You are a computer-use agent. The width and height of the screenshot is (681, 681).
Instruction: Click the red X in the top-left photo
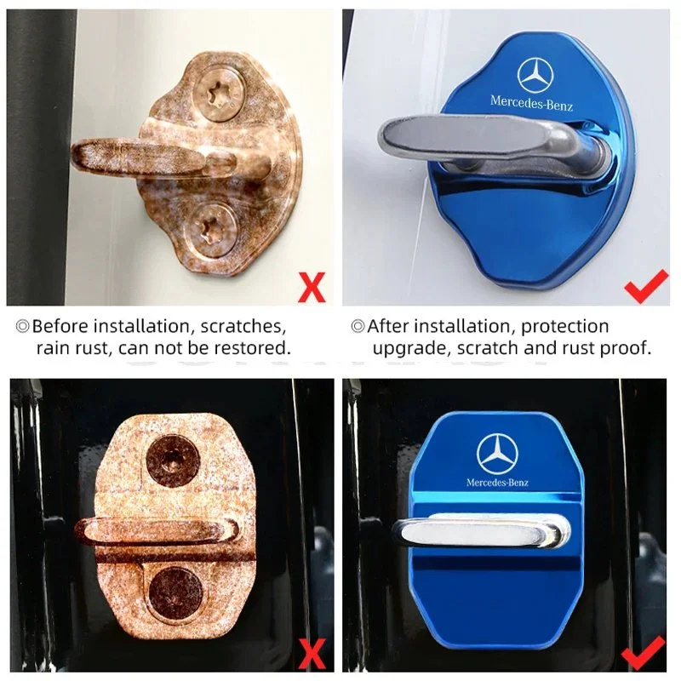point(312,287)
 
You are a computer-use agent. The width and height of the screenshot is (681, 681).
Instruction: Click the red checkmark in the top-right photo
point(646,286)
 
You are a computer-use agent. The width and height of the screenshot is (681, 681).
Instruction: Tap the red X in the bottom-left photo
point(312,654)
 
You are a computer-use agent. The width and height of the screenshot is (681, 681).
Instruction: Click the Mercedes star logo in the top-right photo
point(535,77)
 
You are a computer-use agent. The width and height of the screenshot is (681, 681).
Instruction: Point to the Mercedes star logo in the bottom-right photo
point(497,453)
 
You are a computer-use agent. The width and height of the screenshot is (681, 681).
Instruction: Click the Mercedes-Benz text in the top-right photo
point(531,102)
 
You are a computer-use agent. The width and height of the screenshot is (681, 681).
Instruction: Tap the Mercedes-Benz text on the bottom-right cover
point(497,482)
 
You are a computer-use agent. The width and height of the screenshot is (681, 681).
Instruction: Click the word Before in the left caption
point(60,326)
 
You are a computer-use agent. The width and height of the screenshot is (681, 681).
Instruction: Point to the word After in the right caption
point(388,326)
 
